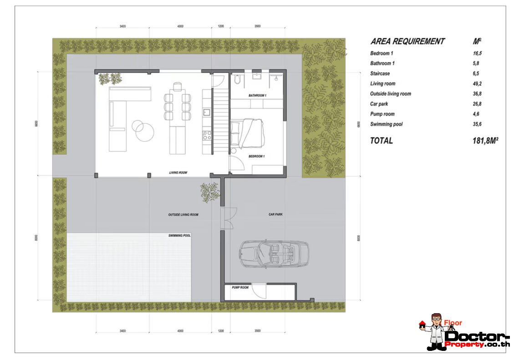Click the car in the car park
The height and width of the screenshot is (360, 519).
tap(274, 254)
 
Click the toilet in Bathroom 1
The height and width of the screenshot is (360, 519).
tap(237, 79)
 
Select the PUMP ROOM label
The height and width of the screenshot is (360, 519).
tap(240, 288)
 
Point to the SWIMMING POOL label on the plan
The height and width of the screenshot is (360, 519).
tap(179, 236)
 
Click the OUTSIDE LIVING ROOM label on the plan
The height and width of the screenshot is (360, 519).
tap(183, 215)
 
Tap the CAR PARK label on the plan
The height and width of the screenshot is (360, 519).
tap(275, 214)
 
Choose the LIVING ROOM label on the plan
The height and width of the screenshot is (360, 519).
tap(178, 173)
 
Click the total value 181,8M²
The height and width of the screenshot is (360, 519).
tap(485, 141)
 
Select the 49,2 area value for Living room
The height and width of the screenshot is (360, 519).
tap(477, 84)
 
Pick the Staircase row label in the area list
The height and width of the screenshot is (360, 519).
tap(380, 73)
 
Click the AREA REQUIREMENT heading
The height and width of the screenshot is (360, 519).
tap(407, 41)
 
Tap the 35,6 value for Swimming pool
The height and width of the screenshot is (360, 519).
tap(477, 124)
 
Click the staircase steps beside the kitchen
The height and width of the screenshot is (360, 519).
tap(220, 121)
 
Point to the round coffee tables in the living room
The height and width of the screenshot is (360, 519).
tap(142, 130)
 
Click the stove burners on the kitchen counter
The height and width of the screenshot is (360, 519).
tap(207, 135)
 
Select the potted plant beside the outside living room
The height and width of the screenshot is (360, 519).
tap(210, 193)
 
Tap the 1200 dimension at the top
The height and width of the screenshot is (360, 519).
tap(221, 26)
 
